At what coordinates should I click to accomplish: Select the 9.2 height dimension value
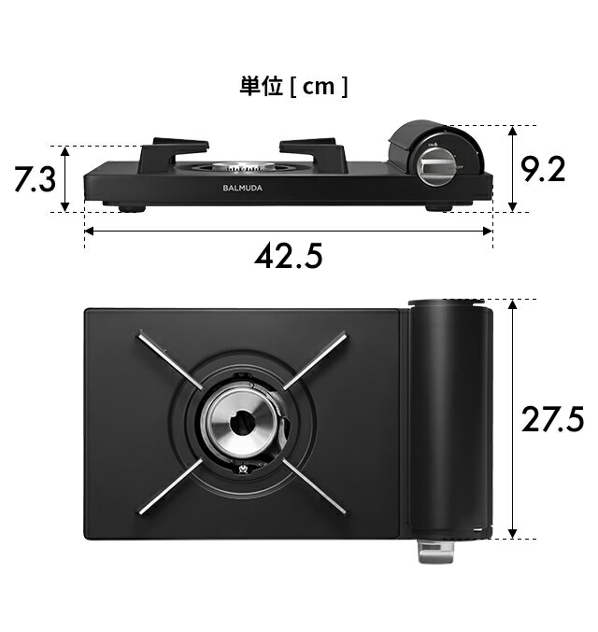click(542, 170)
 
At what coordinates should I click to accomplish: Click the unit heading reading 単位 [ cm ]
click(293, 87)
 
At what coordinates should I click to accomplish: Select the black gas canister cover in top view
click(450, 417)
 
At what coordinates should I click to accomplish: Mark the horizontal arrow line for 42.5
click(289, 230)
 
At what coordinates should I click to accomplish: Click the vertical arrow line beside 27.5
click(512, 419)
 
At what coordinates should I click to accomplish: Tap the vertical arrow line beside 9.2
click(513, 169)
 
